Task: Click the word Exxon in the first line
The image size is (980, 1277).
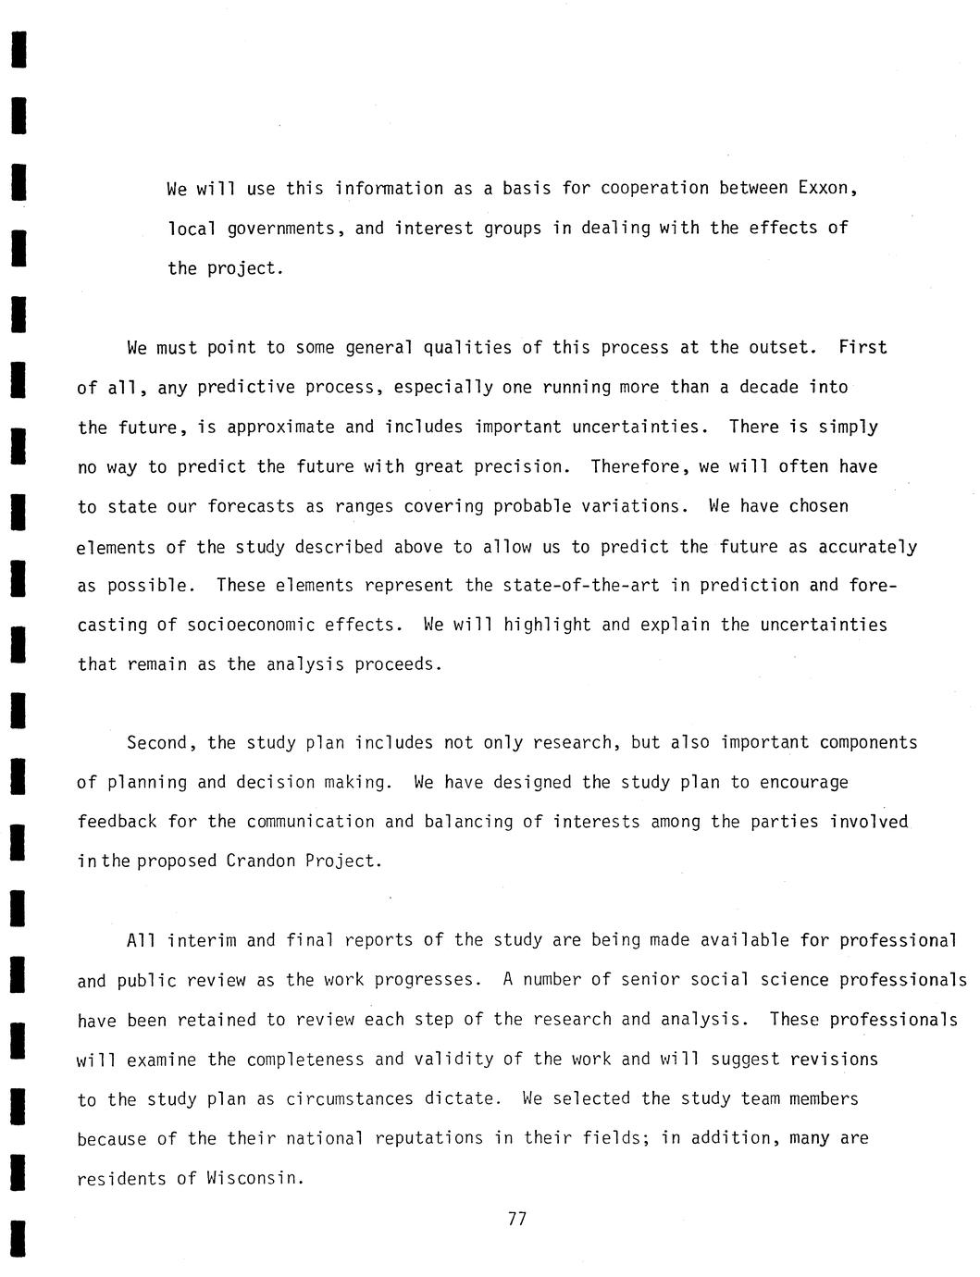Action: click(828, 188)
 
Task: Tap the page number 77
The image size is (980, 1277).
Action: click(517, 1219)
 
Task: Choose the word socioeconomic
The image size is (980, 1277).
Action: click(251, 625)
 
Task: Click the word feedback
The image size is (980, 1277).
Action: click(117, 822)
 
